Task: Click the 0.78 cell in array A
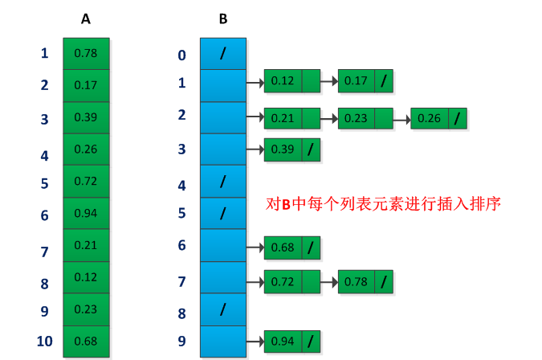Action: (86, 53)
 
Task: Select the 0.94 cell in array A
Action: (86, 213)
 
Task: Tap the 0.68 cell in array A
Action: (86, 341)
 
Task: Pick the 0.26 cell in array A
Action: (86, 149)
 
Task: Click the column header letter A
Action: (85, 18)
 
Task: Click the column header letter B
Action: (222, 18)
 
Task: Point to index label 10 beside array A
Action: (44, 341)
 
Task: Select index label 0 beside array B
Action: (181, 55)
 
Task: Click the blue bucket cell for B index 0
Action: (222, 53)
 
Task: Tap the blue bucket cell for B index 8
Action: (222, 309)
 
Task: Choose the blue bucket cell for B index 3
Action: (222, 149)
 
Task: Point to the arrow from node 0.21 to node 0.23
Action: (329, 119)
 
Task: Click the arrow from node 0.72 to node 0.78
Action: (329, 282)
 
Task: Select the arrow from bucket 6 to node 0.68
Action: (255, 248)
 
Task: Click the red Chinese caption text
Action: (383, 203)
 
